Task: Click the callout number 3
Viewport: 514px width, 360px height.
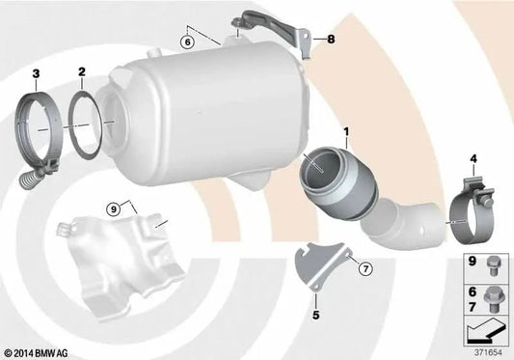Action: click(36, 74)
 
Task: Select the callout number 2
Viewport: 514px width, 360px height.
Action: click(82, 71)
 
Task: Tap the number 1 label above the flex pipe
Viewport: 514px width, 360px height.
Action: click(346, 132)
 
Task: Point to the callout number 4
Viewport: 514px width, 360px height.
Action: click(473, 159)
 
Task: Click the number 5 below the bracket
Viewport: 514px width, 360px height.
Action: click(315, 315)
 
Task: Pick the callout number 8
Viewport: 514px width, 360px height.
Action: click(331, 40)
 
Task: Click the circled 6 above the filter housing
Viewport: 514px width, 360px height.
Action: click(187, 42)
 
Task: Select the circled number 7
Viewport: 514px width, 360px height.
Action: click(365, 269)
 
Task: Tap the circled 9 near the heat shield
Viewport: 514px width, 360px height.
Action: click(114, 209)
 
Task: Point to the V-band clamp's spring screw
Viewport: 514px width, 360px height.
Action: click(31, 179)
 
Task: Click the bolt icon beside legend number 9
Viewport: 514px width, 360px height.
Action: click(493, 265)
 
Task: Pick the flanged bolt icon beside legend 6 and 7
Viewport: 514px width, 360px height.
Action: click(494, 299)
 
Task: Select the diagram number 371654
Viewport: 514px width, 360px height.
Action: click(488, 352)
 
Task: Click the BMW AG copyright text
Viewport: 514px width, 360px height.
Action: click(37, 353)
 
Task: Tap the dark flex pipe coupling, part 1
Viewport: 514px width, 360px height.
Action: click(339, 183)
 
